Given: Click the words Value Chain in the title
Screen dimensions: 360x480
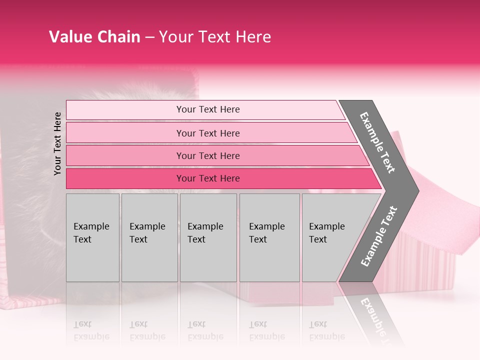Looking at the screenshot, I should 94,37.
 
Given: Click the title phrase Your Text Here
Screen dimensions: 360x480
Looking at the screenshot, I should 215,37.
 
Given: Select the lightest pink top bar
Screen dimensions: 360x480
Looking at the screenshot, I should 125,109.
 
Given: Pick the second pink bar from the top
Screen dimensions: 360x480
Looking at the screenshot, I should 125,133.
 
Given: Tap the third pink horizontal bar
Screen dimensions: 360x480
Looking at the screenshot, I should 125,155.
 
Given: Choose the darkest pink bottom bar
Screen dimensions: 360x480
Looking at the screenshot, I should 125,178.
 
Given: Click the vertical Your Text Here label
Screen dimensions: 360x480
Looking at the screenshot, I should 58,143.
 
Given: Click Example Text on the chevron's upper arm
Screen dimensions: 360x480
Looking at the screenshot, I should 377,142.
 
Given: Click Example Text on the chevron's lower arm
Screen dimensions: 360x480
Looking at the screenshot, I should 378,236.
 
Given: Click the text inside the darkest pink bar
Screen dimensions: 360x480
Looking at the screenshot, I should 208,178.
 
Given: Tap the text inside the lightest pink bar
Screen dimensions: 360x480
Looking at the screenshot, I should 208,109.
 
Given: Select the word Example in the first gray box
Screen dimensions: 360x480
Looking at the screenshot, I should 91,226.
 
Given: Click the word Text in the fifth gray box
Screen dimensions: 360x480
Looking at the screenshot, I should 317,239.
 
